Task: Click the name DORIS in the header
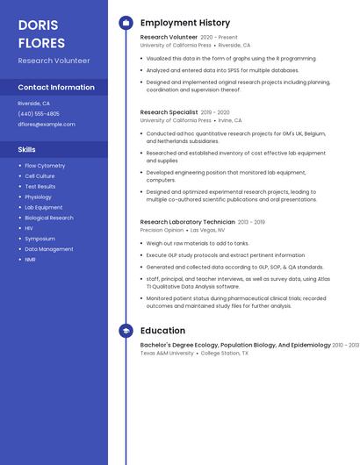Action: coord(37,25)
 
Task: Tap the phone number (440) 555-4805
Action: coord(39,114)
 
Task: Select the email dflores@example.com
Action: coord(47,125)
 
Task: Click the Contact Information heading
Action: coord(56,88)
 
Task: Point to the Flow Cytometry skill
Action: coord(45,166)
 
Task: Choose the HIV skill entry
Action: coord(29,228)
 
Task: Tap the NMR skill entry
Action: coord(31,260)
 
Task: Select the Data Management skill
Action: coord(49,249)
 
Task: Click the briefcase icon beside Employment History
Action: coord(126,23)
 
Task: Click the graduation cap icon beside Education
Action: coord(126,331)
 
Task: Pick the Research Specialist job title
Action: coord(169,112)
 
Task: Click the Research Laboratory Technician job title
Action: coord(187,222)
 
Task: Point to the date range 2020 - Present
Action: coord(219,38)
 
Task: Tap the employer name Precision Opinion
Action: coord(162,230)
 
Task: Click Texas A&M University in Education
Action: coord(167,353)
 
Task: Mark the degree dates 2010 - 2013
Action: coord(345,345)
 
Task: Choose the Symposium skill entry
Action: coord(40,239)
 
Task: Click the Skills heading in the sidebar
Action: coord(27,150)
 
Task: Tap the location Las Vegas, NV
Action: coord(208,230)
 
